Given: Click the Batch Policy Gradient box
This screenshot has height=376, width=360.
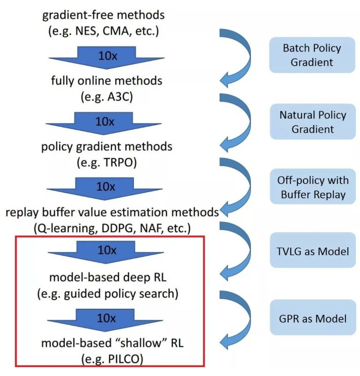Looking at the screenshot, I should coord(312,55).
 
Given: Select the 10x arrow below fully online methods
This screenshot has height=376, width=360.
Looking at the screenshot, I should coord(105,122).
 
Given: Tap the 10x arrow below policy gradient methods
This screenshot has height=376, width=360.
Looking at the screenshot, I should coord(105,187).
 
